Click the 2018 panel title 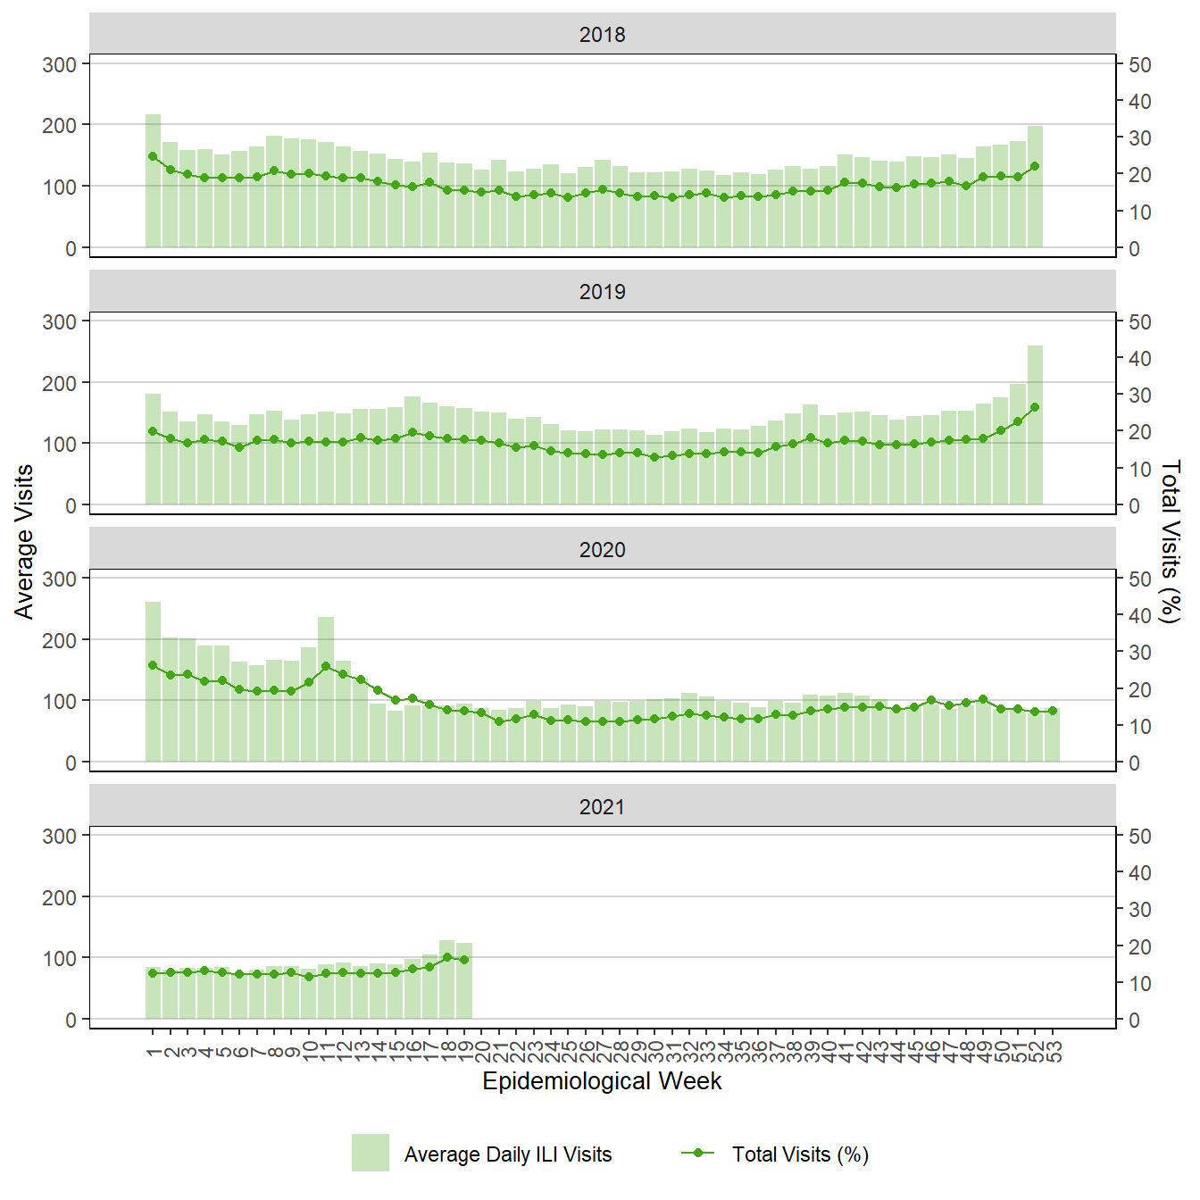click(x=602, y=35)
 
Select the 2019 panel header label click(x=602, y=292)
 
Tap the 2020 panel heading click(x=602, y=550)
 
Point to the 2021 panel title click(x=602, y=807)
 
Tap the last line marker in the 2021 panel click(x=464, y=960)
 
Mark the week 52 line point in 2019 click(x=1035, y=407)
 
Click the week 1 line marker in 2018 click(x=153, y=156)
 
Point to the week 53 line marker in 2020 click(x=1053, y=711)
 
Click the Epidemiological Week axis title click(x=602, y=1081)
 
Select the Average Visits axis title click(x=24, y=541)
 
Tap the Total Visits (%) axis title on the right click(x=1170, y=541)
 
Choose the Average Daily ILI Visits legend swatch click(x=370, y=1153)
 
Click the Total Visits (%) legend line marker click(x=698, y=1153)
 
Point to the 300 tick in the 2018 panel click(x=60, y=64)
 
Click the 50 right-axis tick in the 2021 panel click(x=1139, y=837)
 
